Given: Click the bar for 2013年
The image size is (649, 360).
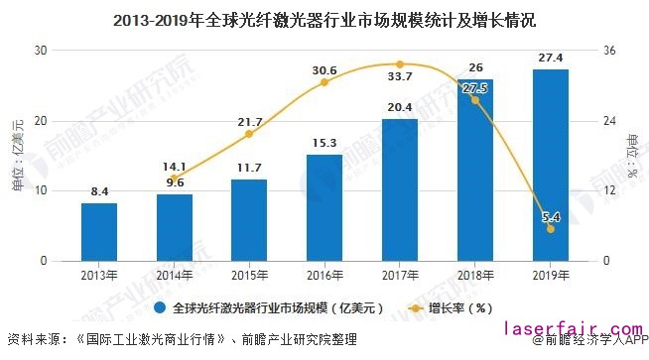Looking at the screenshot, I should click(99, 232).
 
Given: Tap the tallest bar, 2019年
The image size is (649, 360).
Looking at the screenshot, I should click(550, 165).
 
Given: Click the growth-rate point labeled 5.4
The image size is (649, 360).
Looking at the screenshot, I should click(550, 229).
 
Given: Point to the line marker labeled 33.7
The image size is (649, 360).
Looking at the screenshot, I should click(400, 64).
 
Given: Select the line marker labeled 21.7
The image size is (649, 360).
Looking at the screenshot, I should click(249, 134).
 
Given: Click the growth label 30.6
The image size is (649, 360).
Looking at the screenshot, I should click(324, 70).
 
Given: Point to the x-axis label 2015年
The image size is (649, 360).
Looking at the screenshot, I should click(249, 273).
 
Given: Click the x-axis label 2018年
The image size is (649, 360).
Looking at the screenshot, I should click(474, 273).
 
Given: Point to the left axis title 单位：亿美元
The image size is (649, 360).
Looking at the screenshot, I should click(17, 155).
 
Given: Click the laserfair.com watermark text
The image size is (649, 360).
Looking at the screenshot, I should click(572, 327).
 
